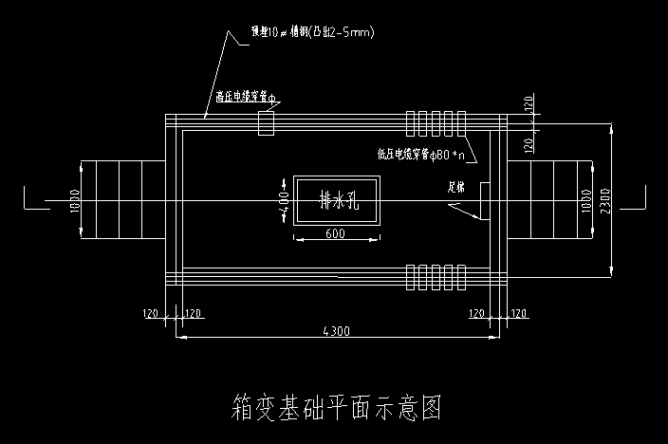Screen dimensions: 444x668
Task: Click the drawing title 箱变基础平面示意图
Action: pos(337,408)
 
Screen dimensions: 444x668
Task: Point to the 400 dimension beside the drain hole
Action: pos(284,201)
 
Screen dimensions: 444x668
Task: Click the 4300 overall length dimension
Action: pos(337,331)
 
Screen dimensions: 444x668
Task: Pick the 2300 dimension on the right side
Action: pos(618,201)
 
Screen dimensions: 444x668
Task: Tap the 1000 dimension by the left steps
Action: pos(74,201)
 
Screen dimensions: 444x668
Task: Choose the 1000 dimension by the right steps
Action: pos(585,201)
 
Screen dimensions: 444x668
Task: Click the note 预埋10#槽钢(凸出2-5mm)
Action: pos(313,33)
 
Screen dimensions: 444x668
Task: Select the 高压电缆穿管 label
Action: pos(244,97)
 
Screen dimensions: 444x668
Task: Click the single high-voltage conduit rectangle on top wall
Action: pos(266,122)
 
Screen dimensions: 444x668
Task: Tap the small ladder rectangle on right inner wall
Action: pos(484,200)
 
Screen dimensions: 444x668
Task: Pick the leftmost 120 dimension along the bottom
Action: pos(149,312)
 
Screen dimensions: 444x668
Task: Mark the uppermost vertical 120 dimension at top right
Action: pos(529,103)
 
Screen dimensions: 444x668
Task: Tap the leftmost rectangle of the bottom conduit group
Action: pos(411,276)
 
